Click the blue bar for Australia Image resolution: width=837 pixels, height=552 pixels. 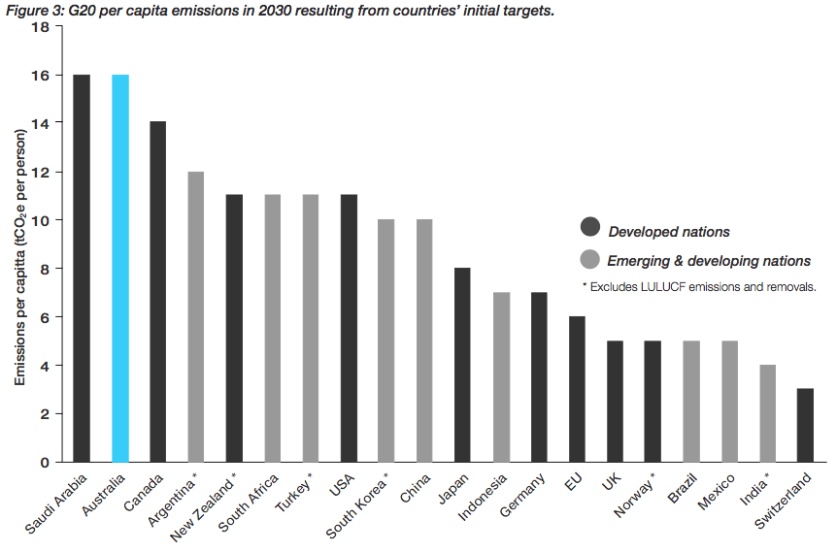pyautogui.click(x=120, y=269)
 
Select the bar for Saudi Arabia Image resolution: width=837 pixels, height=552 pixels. pyautogui.click(x=83, y=269)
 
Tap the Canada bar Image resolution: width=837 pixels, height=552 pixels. pyautogui.click(x=158, y=292)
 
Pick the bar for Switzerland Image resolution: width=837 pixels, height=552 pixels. pyautogui.click(x=805, y=426)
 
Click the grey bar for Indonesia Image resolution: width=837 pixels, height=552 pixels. pyautogui.click(x=501, y=377)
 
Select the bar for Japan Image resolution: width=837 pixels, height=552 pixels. pyautogui.click(x=463, y=366)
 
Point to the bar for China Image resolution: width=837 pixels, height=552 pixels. pyautogui.click(x=425, y=341)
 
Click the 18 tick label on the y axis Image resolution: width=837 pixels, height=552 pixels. pyautogui.click(x=41, y=26)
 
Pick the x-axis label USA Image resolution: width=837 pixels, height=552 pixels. pyautogui.click(x=345, y=485)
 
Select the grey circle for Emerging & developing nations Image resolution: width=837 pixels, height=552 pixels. pyautogui.click(x=589, y=259)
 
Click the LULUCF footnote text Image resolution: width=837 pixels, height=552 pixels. pyautogui.click(x=699, y=287)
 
